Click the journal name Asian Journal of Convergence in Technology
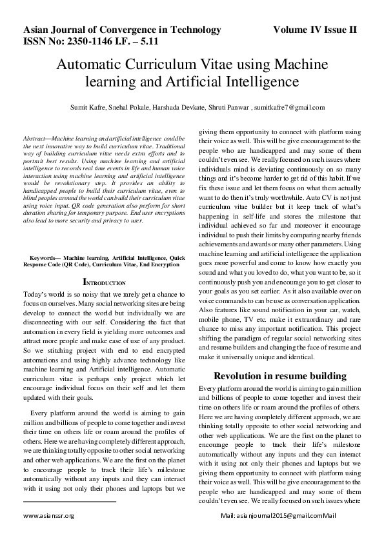(122, 30)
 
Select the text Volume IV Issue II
(314, 30)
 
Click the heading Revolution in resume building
(280, 375)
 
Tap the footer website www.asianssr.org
(49, 516)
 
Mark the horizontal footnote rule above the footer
(70, 501)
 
